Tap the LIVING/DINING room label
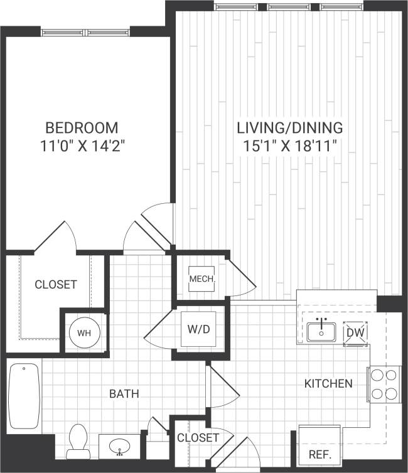pyautogui.click(x=289, y=127)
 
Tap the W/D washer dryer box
pyautogui.click(x=198, y=329)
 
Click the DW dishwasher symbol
pyautogui.click(x=355, y=332)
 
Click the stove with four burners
pyautogui.click(x=384, y=384)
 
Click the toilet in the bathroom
pyautogui.click(x=78, y=439)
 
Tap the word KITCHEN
pyautogui.click(x=328, y=383)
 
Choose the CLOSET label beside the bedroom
pyautogui.click(x=55, y=284)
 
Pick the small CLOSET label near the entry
pyautogui.click(x=198, y=437)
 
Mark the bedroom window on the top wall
pyautogui.click(x=85, y=31)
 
